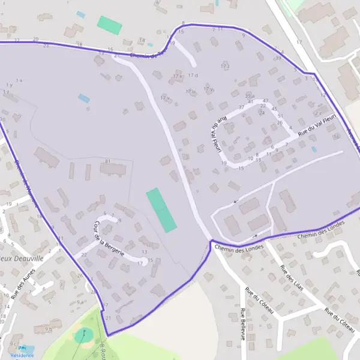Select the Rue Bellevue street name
tap(243, 324)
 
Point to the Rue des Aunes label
tap(23, 283)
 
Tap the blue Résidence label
tap(22, 355)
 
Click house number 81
tap(108, 162)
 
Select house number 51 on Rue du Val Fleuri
tap(280, 115)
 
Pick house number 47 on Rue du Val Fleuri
tap(266, 101)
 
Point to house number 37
tap(242, 107)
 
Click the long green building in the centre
tap(161, 209)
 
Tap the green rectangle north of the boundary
tap(110, 25)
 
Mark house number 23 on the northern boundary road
tap(46, 46)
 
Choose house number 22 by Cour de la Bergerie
tap(84, 254)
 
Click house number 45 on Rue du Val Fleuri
tap(274, 109)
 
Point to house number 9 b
tap(49, 329)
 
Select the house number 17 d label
tap(193, 75)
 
